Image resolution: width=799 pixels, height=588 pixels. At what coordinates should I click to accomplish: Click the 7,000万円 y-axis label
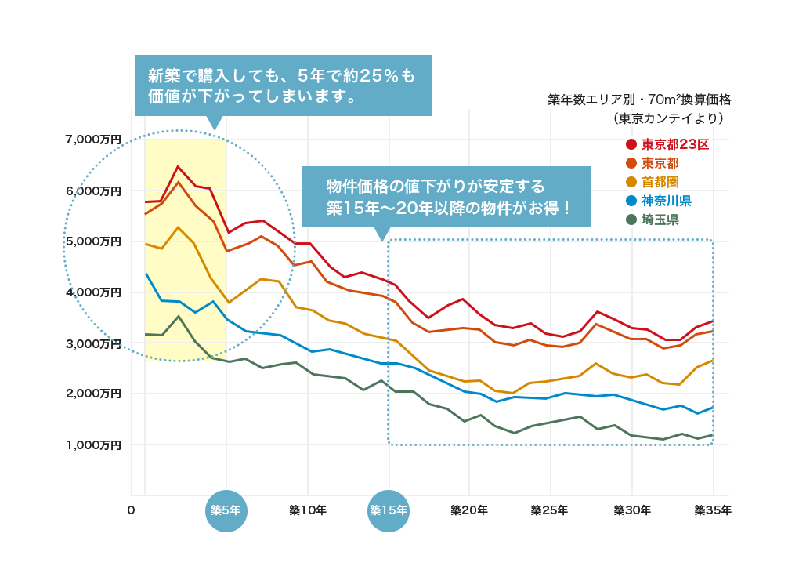point(93,140)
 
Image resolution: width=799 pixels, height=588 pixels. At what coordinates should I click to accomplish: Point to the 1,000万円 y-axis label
point(93,445)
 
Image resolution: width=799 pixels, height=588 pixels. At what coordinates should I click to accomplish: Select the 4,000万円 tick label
point(93,292)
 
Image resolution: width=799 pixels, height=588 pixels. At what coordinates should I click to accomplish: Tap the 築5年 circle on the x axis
point(226,510)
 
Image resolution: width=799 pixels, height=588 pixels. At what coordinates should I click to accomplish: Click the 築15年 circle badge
point(389,510)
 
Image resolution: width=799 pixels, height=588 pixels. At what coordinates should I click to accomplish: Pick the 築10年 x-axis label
point(308,510)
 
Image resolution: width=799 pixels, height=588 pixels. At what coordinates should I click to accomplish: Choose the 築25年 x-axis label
point(549,510)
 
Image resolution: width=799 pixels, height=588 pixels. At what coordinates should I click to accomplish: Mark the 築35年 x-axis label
point(713,510)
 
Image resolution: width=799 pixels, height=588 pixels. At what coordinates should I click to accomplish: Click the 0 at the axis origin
point(132,510)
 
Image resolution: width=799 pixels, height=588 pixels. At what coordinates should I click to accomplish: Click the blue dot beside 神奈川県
point(631,201)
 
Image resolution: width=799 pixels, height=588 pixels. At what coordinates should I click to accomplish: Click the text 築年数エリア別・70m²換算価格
point(639,100)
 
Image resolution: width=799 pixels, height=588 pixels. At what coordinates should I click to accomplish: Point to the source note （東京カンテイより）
point(668,119)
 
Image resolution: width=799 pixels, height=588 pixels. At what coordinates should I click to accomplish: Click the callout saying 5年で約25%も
point(283,85)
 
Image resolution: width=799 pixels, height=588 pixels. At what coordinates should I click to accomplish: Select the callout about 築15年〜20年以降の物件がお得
point(446,197)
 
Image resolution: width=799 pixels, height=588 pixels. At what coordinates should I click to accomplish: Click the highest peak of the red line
point(178,166)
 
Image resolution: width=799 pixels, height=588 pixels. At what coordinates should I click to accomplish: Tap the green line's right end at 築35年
point(713,434)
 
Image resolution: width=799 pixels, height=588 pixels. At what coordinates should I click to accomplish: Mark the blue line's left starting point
point(146,274)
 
